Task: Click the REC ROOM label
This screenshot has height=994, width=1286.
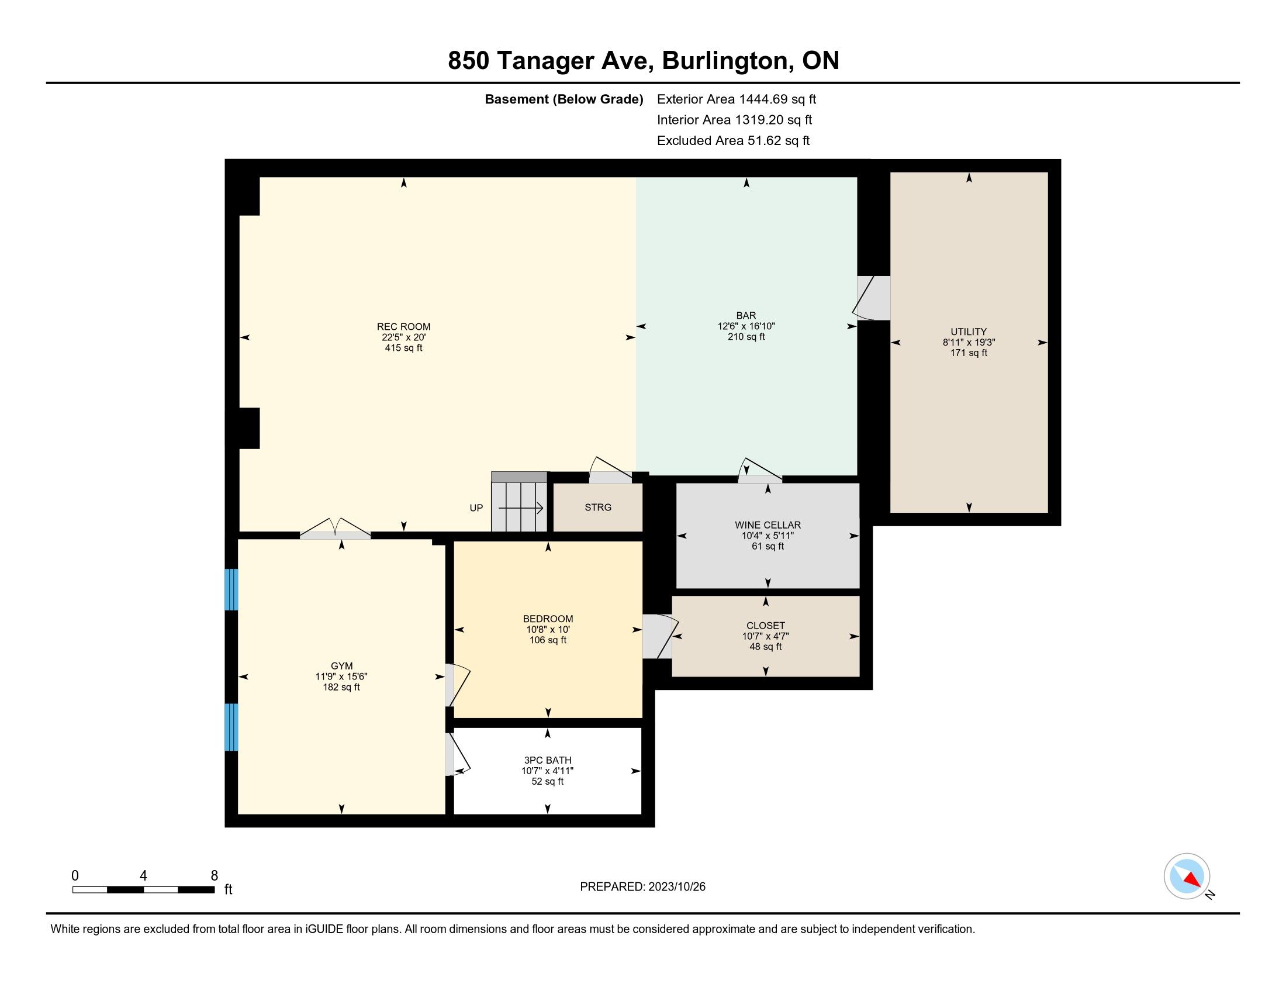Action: point(403,327)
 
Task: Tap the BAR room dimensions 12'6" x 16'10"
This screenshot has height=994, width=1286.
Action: point(746,326)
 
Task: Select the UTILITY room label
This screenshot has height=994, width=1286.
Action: point(969,332)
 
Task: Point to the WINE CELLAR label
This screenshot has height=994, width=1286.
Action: point(768,524)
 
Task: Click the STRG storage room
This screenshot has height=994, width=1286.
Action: point(597,507)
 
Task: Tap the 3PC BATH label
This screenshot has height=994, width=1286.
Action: point(548,760)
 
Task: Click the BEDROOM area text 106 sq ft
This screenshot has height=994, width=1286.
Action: point(548,640)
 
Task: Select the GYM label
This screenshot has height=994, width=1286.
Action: point(341,666)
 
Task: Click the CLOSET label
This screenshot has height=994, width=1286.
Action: point(766,626)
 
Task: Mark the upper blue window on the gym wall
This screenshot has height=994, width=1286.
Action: point(231,589)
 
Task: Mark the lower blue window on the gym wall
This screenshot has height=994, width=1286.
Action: point(231,727)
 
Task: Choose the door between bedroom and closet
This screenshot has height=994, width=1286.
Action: point(660,637)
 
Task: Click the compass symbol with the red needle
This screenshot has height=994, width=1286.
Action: point(1187,876)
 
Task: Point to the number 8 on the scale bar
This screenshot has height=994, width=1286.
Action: point(215,876)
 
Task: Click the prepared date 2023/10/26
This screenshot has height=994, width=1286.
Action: point(676,887)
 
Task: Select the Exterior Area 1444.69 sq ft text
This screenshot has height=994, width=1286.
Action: point(737,99)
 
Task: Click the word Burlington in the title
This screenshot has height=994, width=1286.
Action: point(727,61)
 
